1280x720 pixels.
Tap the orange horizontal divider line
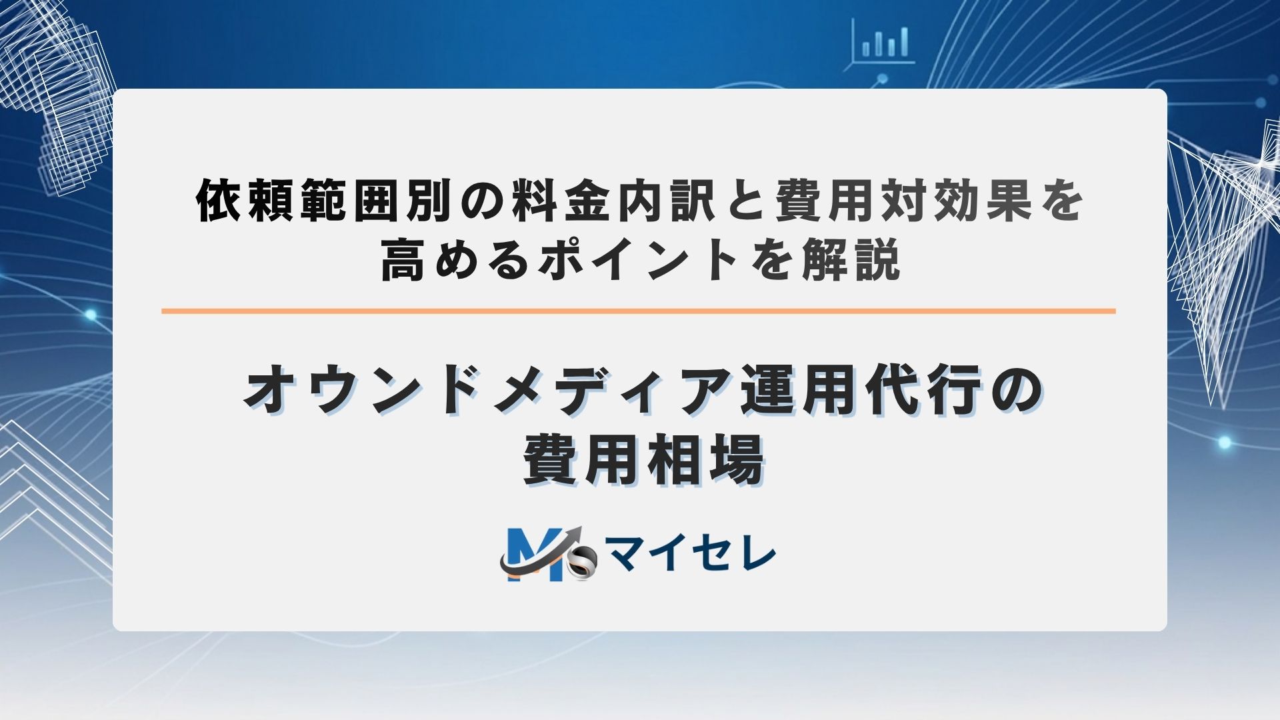pyautogui.click(x=638, y=311)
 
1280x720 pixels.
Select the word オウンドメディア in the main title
pyautogui.click(x=488, y=391)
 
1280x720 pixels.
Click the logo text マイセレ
pyautogui.click(x=691, y=555)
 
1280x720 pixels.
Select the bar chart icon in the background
pyautogui.click(x=884, y=42)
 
